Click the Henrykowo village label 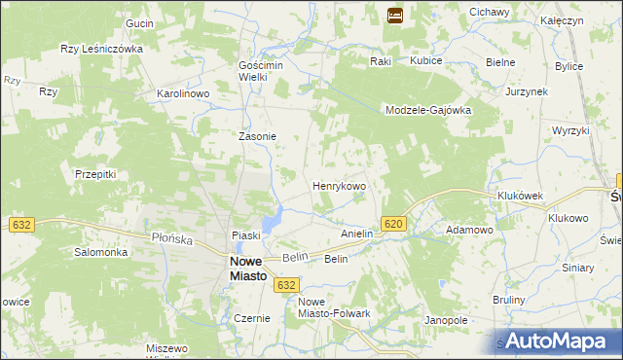pos(338,185)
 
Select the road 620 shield pos(392,224)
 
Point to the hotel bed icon pos(395,15)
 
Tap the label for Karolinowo pos(184,94)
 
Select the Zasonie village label pos(258,137)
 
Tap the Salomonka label pos(101,252)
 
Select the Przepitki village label pos(95,174)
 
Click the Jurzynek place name pos(528,90)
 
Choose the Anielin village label pos(357,234)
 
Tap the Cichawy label pos(490,12)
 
